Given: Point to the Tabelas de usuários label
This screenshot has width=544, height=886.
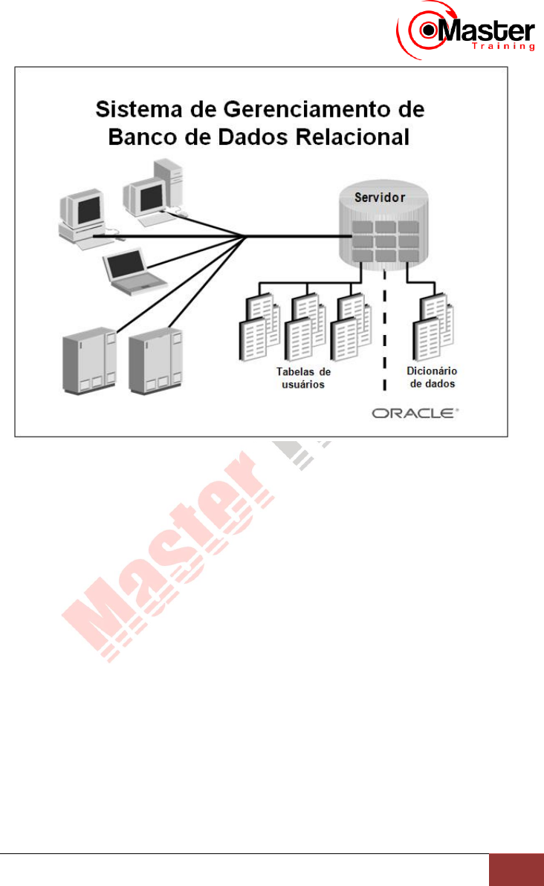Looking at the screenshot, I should (x=303, y=377).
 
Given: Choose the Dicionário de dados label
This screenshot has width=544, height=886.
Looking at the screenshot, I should (x=431, y=377).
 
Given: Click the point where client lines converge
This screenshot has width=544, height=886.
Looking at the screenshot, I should (x=246, y=238).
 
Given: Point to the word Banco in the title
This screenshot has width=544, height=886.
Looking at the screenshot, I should (x=138, y=138).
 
